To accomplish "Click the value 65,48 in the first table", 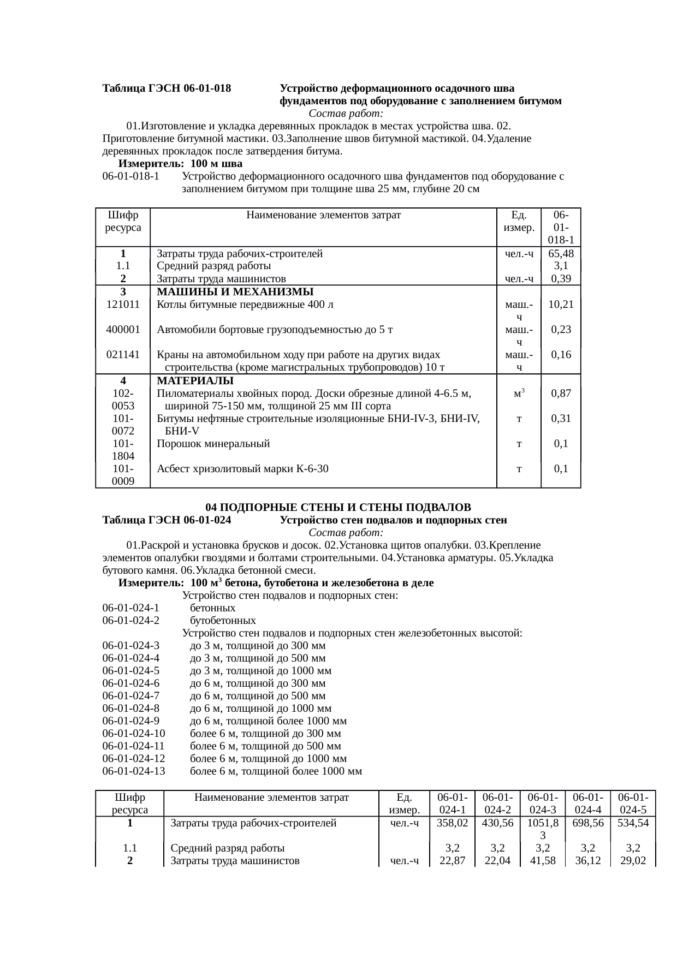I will (x=561, y=253).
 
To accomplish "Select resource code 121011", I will (x=123, y=304).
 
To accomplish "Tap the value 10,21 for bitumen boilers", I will (x=561, y=304).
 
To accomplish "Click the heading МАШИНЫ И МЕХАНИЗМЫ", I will (x=235, y=291).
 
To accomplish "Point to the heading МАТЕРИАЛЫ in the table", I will (x=195, y=380).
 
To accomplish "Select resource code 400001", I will (x=123, y=329).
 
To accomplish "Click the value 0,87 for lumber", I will (x=561, y=393).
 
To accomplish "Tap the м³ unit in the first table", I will (x=519, y=392).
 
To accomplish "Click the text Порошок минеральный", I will (x=213, y=443).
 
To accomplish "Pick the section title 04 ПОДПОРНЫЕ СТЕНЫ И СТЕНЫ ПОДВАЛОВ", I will (x=338, y=508).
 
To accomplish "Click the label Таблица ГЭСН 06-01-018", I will (x=167, y=88).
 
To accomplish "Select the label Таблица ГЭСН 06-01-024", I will (x=167, y=520).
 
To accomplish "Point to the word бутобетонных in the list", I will (x=223, y=621).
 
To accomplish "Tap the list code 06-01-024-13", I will (x=133, y=771).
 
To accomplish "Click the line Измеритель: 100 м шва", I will (x=180, y=164).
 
